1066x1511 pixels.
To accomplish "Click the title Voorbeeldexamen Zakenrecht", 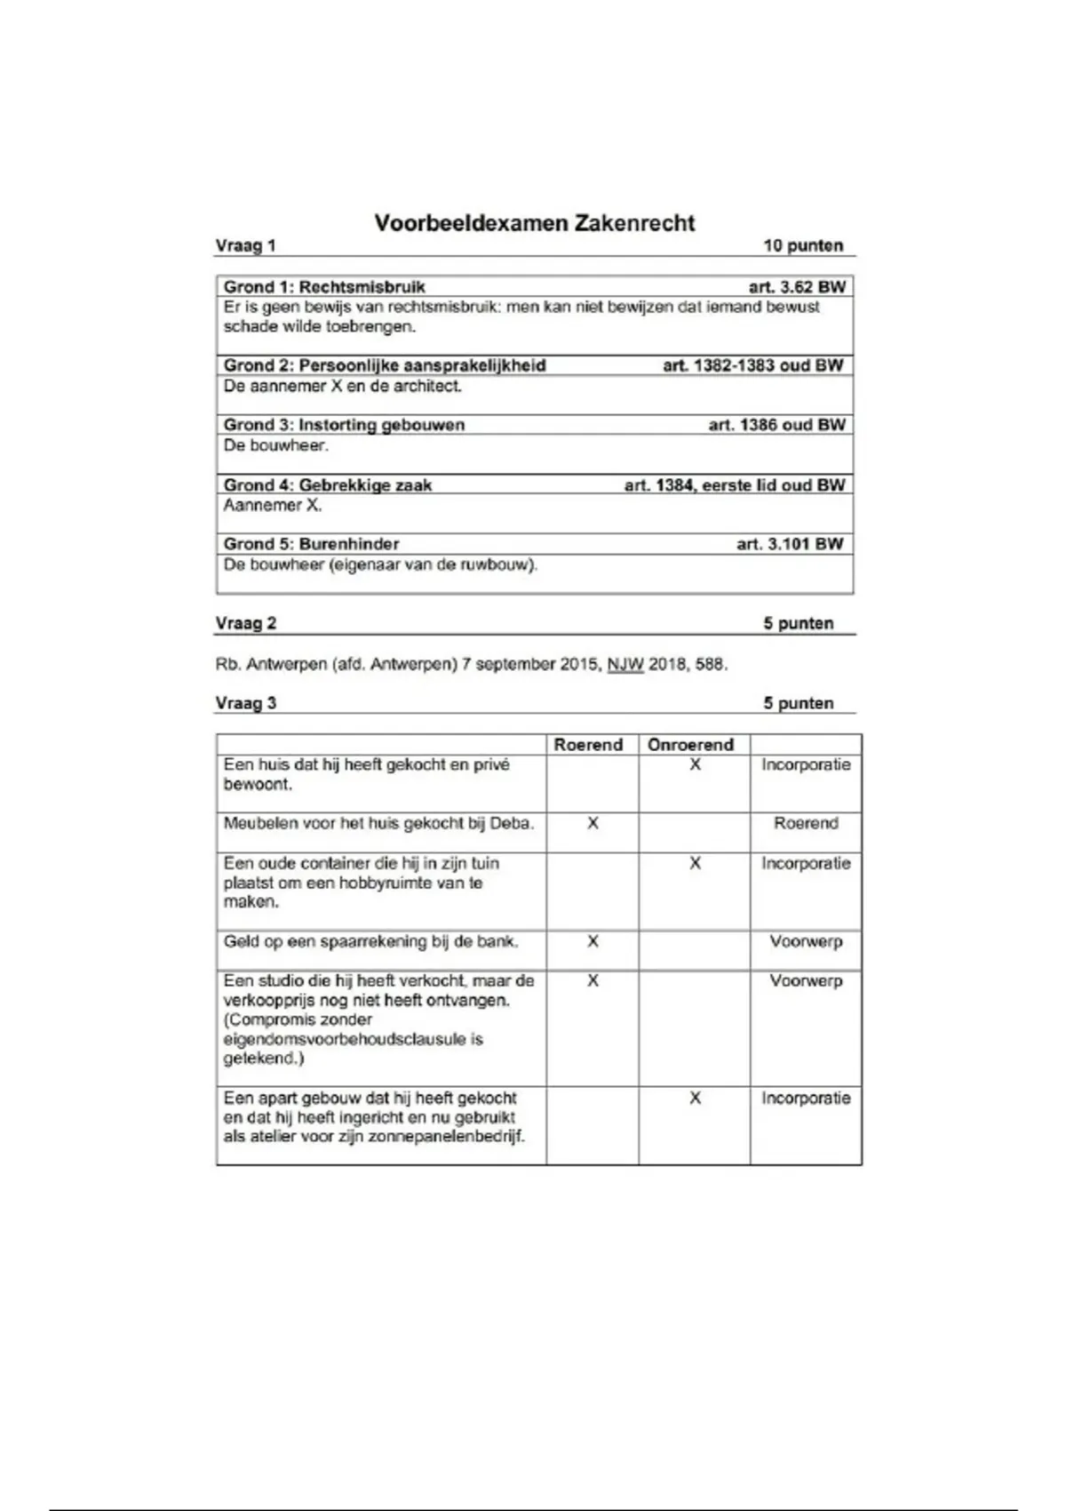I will coord(534,222).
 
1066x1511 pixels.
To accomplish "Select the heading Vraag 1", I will coord(245,246).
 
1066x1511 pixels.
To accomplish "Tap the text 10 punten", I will coord(803,246).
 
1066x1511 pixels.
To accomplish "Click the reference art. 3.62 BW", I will coord(796,287).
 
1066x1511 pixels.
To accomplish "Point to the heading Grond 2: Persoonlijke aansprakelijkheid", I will coord(385,365).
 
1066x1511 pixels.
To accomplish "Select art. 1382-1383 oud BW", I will coord(752,365).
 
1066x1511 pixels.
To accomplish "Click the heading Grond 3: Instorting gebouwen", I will coord(344,425).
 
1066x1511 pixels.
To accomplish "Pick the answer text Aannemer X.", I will coord(273,505).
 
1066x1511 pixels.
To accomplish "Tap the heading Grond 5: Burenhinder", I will coord(311,544).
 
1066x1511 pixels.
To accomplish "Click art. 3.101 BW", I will coord(790,544).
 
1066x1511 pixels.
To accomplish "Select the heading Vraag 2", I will coord(245,623).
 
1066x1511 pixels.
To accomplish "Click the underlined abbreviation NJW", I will coord(625,664).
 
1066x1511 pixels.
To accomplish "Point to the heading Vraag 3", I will coord(245,703).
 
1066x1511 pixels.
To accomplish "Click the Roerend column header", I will coord(588,745).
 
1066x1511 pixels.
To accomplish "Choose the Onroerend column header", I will coord(690,745).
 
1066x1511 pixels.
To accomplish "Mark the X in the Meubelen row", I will coord(593,824).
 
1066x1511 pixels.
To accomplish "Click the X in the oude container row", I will coord(695,863).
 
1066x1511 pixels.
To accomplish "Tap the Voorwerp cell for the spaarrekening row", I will coord(806,941).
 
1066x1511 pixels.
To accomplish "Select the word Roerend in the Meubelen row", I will coord(806,823).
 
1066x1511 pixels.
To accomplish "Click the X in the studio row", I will coord(593,980).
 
